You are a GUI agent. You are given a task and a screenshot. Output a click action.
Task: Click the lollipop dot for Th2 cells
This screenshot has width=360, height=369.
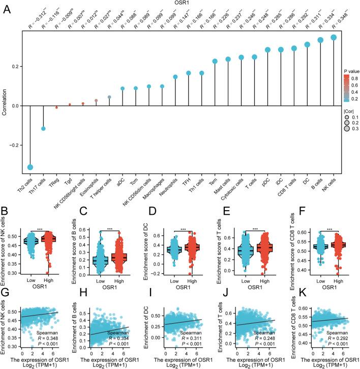click(x=31, y=167)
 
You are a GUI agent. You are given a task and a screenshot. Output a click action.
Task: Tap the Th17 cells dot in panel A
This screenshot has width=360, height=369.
click(x=44, y=128)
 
